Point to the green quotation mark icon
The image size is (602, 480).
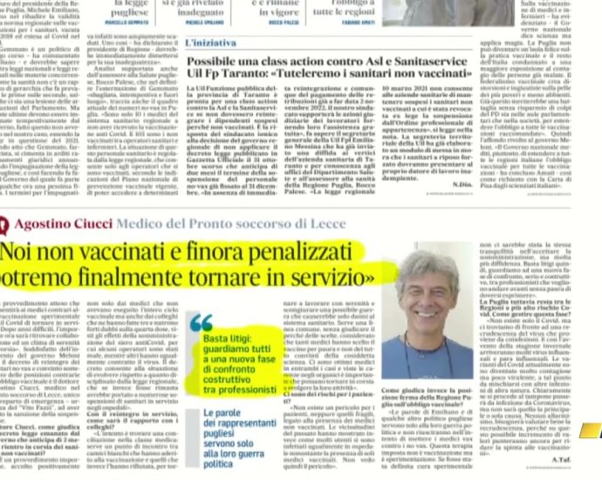(201, 322)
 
